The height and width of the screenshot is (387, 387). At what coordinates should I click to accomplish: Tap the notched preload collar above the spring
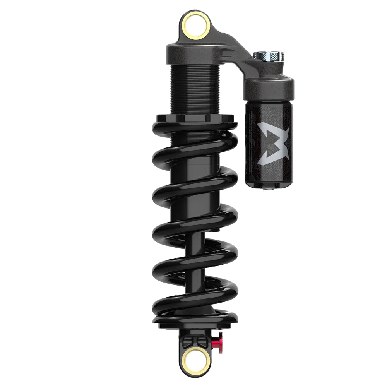(x=195, y=118)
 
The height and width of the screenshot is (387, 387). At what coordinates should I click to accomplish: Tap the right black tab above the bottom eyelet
(x=202, y=341)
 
